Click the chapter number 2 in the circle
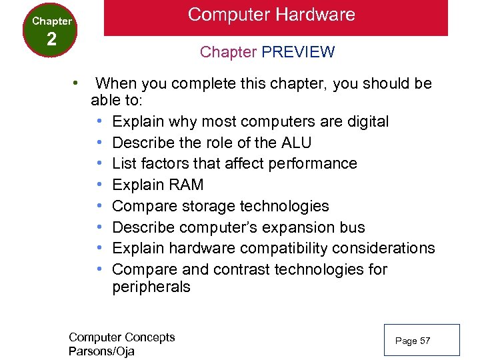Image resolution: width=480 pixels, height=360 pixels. pos(51,39)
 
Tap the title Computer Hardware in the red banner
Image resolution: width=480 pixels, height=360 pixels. pos(271,15)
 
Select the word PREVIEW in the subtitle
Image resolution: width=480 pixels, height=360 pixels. pos(299,52)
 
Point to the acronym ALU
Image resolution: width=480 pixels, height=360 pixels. pos(296,143)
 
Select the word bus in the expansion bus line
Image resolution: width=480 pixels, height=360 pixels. pos(352,227)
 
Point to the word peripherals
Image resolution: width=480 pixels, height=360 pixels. pos(151,287)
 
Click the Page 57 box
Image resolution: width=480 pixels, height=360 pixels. pos(421,340)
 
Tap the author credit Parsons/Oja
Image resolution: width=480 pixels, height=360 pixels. pos(101,351)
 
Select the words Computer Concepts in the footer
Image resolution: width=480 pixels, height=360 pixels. pos(121,337)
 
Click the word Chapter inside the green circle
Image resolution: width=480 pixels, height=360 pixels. pos(51,21)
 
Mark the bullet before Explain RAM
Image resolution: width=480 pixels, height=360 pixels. pos(99,185)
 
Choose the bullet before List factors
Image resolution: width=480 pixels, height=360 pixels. pos(99,163)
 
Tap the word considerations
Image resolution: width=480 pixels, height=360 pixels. pos(383,249)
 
